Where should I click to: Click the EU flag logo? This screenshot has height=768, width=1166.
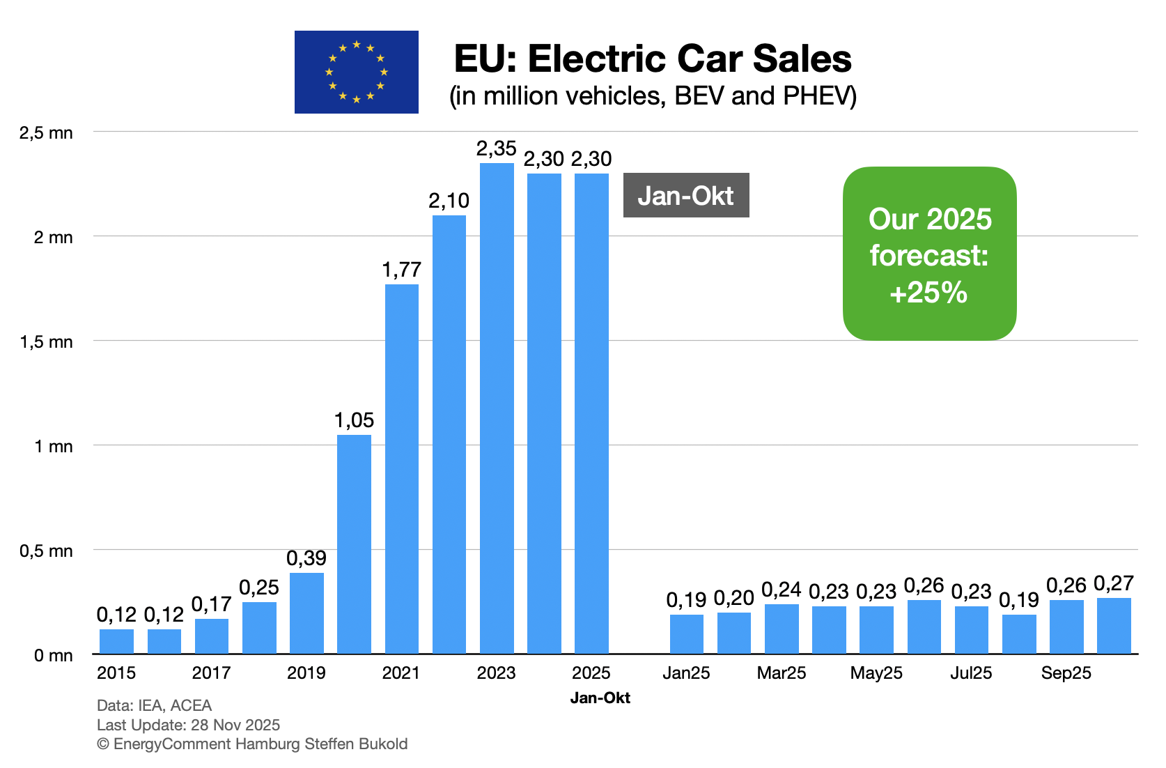[356, 72]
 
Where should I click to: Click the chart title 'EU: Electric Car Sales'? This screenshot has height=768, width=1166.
[652, 59]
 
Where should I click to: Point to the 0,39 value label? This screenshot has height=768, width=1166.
[306, 558]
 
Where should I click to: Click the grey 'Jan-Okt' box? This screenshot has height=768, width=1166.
[685, 195]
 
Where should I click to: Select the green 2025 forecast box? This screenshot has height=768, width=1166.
[929, 254]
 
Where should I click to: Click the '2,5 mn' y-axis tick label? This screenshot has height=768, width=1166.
[47, 133]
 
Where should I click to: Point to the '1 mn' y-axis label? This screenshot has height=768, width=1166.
[54, 446]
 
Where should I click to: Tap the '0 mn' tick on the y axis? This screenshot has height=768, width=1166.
[54, 655]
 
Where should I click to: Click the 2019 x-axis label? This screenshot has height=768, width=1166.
[306, 673]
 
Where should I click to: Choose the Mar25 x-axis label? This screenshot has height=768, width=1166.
[782, 673]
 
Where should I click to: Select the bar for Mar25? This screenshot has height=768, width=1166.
[782, 629]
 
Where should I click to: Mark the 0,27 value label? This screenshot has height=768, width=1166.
[1114, 583]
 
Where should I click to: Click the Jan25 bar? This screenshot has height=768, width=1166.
[686, 634]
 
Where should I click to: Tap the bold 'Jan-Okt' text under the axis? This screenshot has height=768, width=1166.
[600, 698]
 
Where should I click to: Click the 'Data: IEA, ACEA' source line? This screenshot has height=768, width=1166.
[154, 705]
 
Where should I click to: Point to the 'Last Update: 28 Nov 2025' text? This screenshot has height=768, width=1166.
[188, 725]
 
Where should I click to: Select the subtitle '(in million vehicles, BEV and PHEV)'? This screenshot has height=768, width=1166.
[653, 95]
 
